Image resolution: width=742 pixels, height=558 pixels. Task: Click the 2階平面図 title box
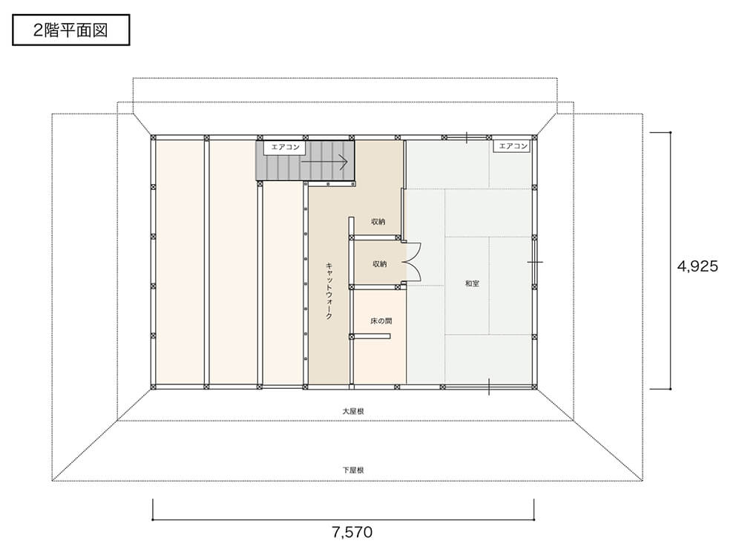pos(71,30)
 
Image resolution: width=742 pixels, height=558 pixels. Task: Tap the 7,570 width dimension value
pos(352,533)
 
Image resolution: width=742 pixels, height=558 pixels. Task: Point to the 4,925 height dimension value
pos(697,266)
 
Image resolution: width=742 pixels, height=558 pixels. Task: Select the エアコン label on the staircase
pos(285,147)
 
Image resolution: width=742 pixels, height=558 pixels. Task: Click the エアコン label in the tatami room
pos(513,146)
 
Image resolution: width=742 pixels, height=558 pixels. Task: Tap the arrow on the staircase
pos(325,162)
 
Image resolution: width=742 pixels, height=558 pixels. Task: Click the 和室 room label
pos(472,283)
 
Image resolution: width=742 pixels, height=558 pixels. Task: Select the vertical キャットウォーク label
pos(329,291)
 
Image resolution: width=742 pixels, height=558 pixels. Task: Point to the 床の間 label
pos(381,321)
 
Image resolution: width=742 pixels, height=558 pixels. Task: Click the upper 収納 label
pos(378,222)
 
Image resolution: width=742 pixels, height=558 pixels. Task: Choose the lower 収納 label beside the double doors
pos(379,264)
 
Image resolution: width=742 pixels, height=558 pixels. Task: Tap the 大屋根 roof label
pos(353,411)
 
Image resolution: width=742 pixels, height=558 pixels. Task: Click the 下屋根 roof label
pos(353,470)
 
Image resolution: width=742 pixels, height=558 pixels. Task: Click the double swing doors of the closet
pos(414,263)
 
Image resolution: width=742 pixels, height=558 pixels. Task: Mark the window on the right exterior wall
pos(535,262)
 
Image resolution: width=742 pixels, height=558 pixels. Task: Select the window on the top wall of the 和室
pos(466,138)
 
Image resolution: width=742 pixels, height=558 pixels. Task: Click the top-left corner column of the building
pos(154,138)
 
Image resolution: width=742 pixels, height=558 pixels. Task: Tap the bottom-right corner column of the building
pos(534,387)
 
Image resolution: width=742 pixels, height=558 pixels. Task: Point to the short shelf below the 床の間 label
pos(370,336)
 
